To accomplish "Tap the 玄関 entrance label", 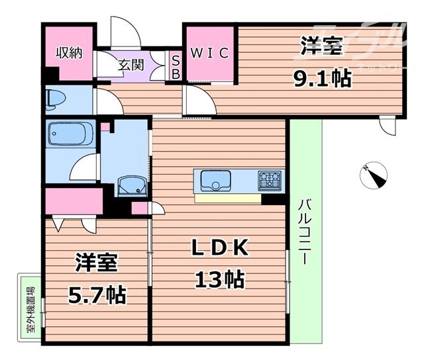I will click(x=131, y=65).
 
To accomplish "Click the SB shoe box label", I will click(x=176, y=66).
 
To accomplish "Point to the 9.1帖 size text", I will click(x=322, y=79).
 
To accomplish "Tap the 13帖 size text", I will click(x=219, y=279).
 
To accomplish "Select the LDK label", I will click(x=219, y=249).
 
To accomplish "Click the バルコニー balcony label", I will click(x=304, y=231).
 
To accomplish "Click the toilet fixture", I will click(x=56, y=100).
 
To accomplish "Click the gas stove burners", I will click(x=270, y=179).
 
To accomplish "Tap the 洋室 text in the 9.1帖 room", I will click(x=322, y=47).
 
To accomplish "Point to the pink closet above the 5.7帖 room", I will click(x=75, y=201).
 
